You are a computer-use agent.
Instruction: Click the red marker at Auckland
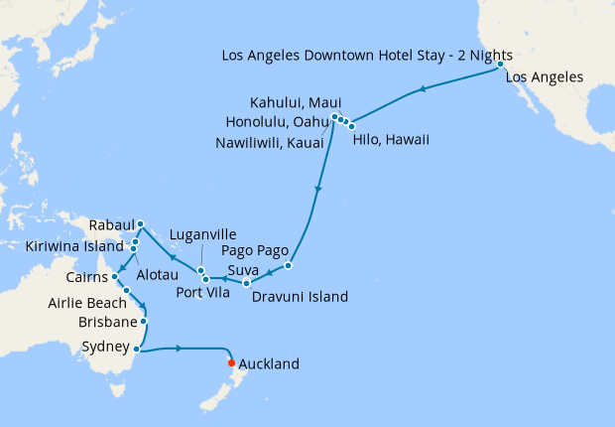[x=231, y=362]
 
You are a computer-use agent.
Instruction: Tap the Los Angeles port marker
[x=501, y=65]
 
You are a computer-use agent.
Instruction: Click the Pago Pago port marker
[x=289, y=265]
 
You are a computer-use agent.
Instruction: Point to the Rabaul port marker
[x=141, y=223]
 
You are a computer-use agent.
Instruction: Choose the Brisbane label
[x=108, y=323]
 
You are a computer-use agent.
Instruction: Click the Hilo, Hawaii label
[x=391, y=140]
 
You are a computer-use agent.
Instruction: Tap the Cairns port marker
[x=115, y=276]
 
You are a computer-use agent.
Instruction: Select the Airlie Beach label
[x=87, y=303]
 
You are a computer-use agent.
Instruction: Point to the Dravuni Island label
[x=300, y=296]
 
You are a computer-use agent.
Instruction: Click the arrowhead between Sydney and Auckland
[x=179, y=348]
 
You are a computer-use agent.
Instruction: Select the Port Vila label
[x=206, y=291]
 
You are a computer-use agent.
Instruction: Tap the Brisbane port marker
[x=145, y=321]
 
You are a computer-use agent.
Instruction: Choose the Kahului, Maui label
[x=296, y=103]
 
